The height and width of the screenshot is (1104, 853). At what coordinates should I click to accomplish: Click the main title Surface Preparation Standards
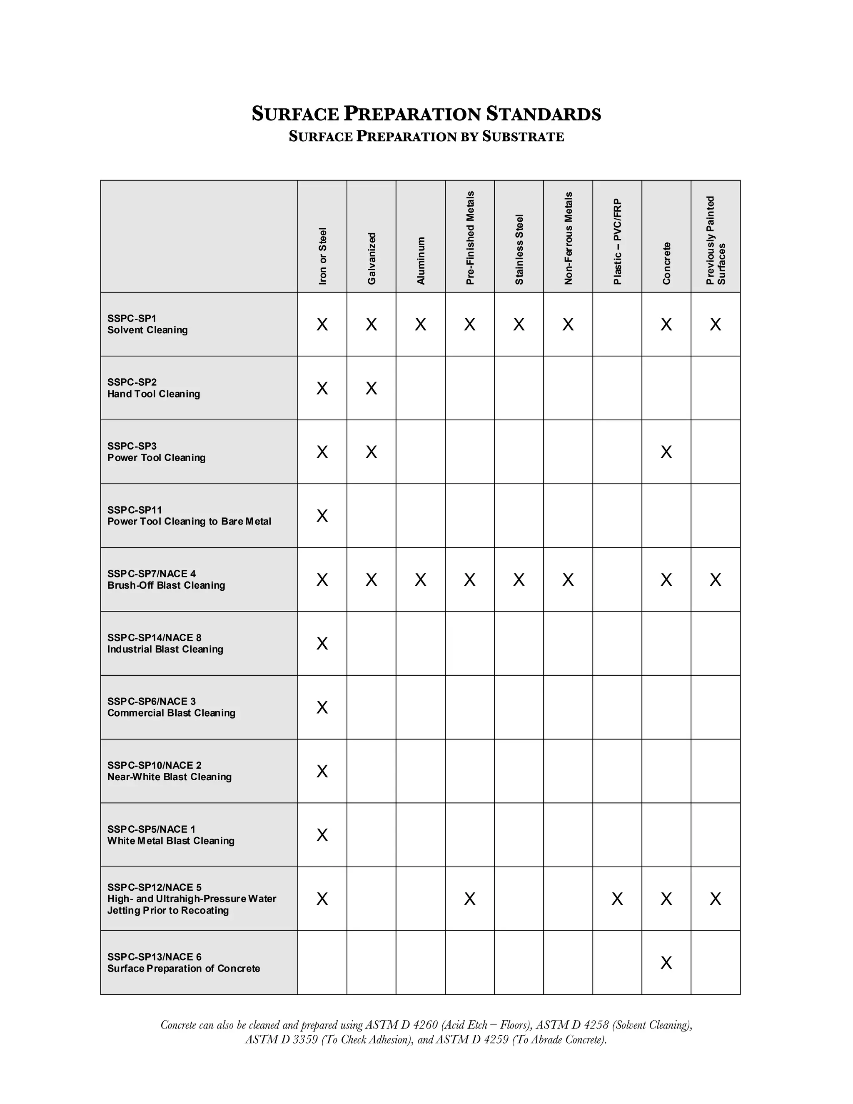pyautogui.click(x=426, y=114)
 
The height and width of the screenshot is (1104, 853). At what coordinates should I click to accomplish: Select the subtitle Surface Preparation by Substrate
pyautogui.click(x=426, y=137)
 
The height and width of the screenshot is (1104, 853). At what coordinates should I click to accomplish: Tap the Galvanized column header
pyautogui.click(x=372, y=258)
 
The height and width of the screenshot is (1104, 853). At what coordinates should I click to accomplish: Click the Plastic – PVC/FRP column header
pyautogui.click(x=618, y=242)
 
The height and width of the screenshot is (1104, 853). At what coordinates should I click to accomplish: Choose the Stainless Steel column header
pyautogui.click(x=519, y=249)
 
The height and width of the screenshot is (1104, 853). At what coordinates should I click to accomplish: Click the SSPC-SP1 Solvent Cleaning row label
pyautogui.click(x=147, y=324)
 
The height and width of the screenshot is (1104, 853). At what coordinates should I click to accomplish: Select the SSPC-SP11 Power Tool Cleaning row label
pyautogui.click(x=189, y=516)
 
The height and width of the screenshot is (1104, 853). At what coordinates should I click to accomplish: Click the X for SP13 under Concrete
pyautogui.click(x=666, y=963)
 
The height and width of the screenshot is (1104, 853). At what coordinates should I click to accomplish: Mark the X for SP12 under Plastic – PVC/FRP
pyautogui.click(x=617, y=899)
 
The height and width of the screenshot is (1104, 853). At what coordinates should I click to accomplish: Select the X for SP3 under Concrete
pyautogui.click(x=666, y=452)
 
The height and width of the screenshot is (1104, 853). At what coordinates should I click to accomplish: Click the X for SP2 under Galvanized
pyautogui.click(x=372, y=388)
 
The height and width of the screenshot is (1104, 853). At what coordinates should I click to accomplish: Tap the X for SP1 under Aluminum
pyautogui.click(x=420, y=324)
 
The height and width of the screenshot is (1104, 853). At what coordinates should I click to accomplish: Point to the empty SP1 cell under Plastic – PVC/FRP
pyautogui.click(x=617, y=324)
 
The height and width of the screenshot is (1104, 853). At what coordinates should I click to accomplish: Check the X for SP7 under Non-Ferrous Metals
pyautogui.click(x=568, y=580)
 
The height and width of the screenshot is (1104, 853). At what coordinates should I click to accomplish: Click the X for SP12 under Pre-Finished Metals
pyautogui.click(x=469, y=899)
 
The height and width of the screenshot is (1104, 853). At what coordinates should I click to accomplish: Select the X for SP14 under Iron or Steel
pyautogui.click(x=322, y=644)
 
